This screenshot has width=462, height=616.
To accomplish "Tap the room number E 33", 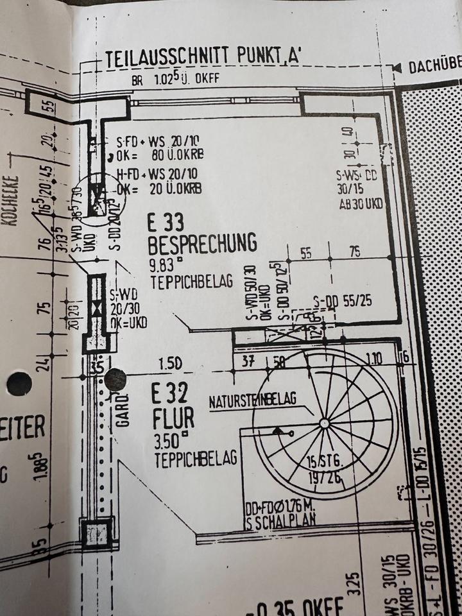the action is click(x=166, y=223).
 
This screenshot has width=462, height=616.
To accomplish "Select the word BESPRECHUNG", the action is click(x=202, y=244).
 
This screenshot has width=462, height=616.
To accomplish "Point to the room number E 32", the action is click(x=170, y=391).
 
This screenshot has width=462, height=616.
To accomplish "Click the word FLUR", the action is click(x=173, y=418).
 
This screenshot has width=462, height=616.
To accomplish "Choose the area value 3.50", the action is click(x=168, y=442).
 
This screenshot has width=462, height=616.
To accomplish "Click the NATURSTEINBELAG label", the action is click(x=253, y=400).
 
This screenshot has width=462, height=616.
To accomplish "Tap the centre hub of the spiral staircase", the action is click(x=325, y=423).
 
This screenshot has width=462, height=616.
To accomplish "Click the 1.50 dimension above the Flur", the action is click(x=170, y=364).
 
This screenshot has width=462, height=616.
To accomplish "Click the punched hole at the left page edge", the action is click(x=19, y=384).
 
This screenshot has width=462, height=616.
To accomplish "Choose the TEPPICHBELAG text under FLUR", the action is click(x=196, y=459).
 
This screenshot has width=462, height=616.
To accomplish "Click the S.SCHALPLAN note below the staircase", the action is click(x=280, y=520).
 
